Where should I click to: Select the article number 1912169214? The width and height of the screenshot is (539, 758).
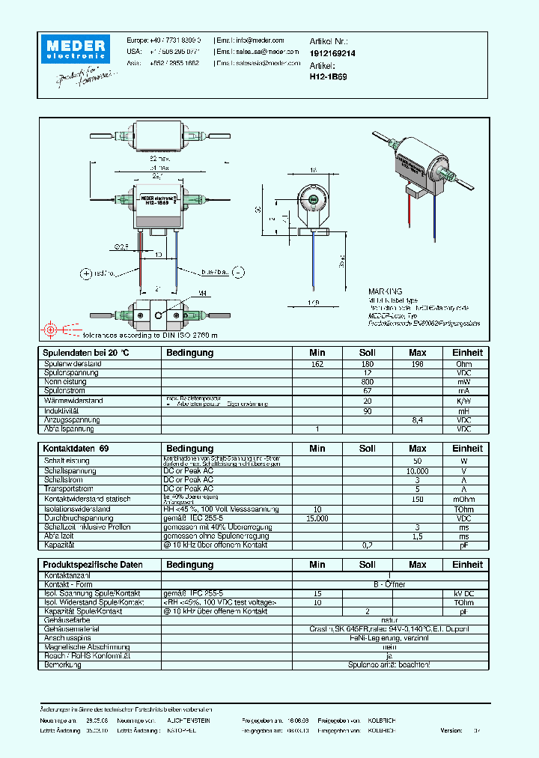pos(332,54)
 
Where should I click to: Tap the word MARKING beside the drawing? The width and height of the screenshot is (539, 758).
pos(385,291)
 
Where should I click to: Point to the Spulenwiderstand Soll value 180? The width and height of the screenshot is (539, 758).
pos(367,364)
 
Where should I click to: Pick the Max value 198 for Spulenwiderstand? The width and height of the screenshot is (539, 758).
pos(418,364)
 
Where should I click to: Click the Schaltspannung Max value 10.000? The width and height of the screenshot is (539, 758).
pos(418,471)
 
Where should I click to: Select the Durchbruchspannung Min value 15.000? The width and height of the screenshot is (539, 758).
pos(317,518)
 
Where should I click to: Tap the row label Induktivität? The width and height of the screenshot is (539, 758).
pos(62,411)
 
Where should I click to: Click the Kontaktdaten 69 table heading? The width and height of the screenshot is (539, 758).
pos(76,449)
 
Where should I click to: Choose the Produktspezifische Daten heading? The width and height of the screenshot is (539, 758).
pos(93,564)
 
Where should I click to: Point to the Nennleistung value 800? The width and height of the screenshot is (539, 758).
pos(367,382)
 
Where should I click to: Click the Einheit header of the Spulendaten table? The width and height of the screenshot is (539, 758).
pos(467,352)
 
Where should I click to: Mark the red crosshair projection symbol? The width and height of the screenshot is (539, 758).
pos(51,330)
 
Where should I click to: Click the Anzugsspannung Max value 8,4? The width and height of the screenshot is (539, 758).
pos(418,420)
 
